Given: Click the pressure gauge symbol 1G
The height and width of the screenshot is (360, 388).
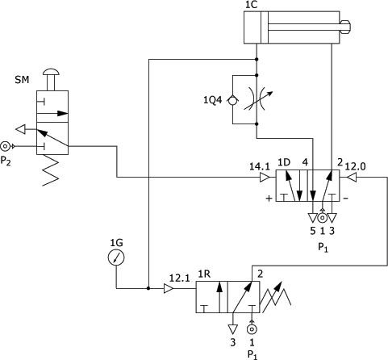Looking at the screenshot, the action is point(116,257).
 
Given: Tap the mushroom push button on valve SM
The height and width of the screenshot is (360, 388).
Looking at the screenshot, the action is point(51,72).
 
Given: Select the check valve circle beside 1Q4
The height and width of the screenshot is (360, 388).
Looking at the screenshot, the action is point(232,100).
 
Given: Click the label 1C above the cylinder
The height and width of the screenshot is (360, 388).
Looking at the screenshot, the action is point(251,5).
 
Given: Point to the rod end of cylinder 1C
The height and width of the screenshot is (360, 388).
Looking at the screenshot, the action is point(345,27).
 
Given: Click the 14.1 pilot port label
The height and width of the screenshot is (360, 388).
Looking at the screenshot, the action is point(259,167).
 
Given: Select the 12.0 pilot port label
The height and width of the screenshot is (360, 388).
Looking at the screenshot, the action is point(355,167).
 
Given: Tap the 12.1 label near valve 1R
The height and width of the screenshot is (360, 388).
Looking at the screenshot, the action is point(179,278).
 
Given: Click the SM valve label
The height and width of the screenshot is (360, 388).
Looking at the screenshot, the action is point(22,80).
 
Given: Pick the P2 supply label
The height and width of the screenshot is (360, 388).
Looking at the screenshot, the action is point(6,161).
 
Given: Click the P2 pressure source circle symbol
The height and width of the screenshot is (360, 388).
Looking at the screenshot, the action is point(5,146).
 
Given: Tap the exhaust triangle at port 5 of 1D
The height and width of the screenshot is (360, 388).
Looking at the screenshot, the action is point(313,218).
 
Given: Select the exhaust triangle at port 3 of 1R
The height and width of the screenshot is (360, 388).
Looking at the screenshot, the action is point(233,329).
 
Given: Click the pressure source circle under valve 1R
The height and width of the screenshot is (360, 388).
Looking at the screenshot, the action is point(252,329).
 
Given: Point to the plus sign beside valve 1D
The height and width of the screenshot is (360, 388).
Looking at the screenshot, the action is point(269,199).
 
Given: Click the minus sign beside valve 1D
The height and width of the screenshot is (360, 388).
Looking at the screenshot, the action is point(346,199).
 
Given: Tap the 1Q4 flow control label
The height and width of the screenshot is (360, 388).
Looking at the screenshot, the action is point(212,100).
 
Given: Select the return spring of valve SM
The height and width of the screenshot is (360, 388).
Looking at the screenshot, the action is point(51,170).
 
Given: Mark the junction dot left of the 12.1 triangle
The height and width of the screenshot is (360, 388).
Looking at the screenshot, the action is point(148,288).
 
